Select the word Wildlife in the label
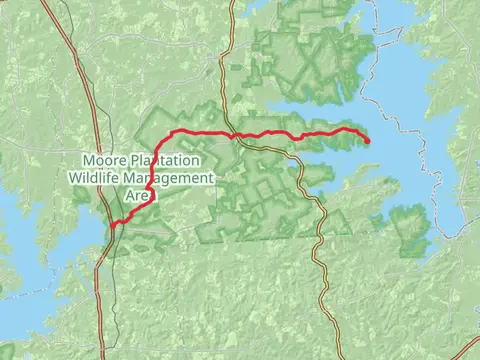(x=97, y=178)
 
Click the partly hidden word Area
(x=137, y=196)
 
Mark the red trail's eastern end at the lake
(x=368, y=141)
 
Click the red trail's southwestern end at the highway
(x=114, y=224)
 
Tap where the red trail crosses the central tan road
(x=232, y=134)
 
